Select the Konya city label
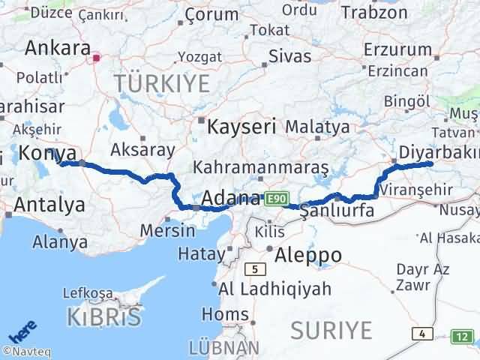(46, 152)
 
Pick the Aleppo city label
(308, 254)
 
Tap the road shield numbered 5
(256, 268)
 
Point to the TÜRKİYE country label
(161, 83)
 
